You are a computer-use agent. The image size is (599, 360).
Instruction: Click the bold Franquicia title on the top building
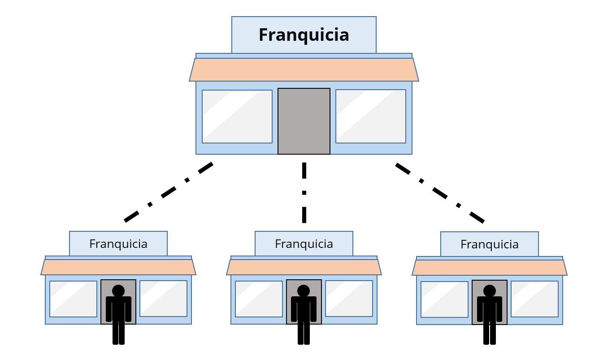[304, 35]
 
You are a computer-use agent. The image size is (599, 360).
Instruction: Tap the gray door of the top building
[304, 121]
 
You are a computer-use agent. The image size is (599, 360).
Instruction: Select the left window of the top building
[237, 117]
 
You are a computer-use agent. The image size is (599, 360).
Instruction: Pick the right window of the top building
[371, 117]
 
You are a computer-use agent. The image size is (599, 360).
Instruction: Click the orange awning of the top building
[304, 70]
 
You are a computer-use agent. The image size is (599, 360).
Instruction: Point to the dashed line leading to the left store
[169, 192]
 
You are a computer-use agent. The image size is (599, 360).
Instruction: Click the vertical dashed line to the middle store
[304, 193]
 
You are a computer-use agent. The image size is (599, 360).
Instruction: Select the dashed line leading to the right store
[440, 193]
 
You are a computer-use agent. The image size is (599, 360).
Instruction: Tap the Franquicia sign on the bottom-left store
[118, 244]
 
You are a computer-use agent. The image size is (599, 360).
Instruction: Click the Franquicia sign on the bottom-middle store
[304, 244]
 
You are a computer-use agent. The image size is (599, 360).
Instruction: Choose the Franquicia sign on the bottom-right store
[490, 244]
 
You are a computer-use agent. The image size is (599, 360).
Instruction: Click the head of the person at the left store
[118, 291]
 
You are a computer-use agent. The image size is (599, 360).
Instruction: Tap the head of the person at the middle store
[304, 291]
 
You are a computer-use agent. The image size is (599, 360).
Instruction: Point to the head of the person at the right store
[490, 291]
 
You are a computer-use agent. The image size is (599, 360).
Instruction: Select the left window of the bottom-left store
[73, 299]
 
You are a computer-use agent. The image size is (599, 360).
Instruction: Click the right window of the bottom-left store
[163, 299]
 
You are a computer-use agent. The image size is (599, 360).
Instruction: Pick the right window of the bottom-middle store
[349, 299]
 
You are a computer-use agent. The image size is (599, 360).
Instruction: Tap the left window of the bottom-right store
[444, 299]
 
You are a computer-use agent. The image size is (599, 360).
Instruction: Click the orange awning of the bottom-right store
[490, 268]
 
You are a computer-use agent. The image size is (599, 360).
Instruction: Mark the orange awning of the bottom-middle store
[304, 267]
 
